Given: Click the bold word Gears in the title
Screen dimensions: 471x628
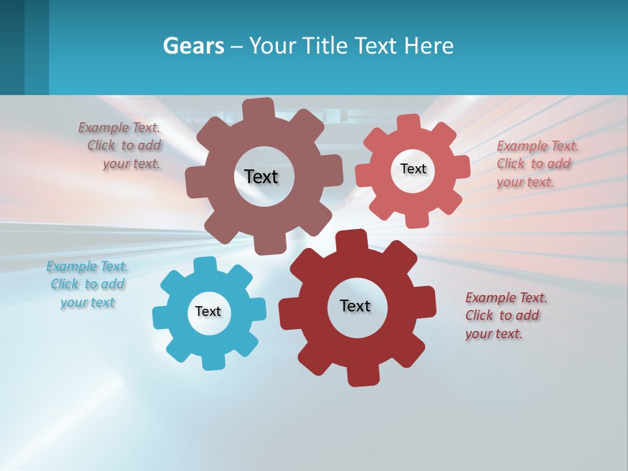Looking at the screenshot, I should click(193, 46).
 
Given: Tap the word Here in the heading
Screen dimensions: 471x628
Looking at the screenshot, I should click(429, 46).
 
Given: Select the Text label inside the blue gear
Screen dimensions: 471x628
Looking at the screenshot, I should click(208, 312).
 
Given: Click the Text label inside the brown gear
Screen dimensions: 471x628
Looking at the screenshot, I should click(261, 177).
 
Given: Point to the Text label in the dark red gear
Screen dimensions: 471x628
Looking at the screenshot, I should click(355, 306).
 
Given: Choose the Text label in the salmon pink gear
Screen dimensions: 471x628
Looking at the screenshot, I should click(413, 169).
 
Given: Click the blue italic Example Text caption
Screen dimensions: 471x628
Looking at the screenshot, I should click(87, 285).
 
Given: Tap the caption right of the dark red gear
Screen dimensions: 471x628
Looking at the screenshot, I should click(505, 315).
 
